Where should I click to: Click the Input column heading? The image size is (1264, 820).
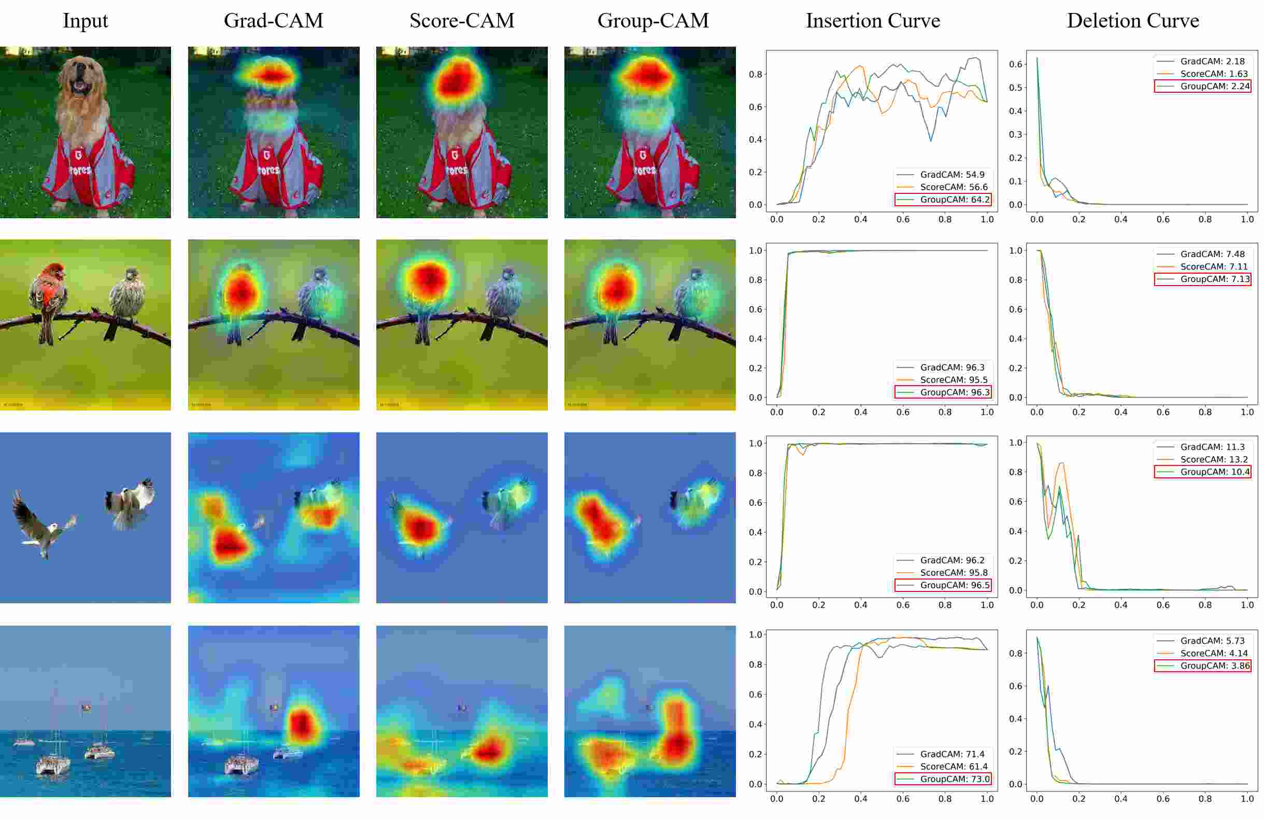point(85,21)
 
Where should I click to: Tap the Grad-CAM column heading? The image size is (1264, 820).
point(273,21)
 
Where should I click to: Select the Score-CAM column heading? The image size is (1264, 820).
point(462,21)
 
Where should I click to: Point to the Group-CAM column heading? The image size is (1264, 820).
point(652,21)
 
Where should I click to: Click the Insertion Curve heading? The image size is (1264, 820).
point(873,21)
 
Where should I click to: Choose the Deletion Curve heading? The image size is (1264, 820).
point(1132,21)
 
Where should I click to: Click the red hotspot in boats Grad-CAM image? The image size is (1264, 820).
point(302,724)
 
